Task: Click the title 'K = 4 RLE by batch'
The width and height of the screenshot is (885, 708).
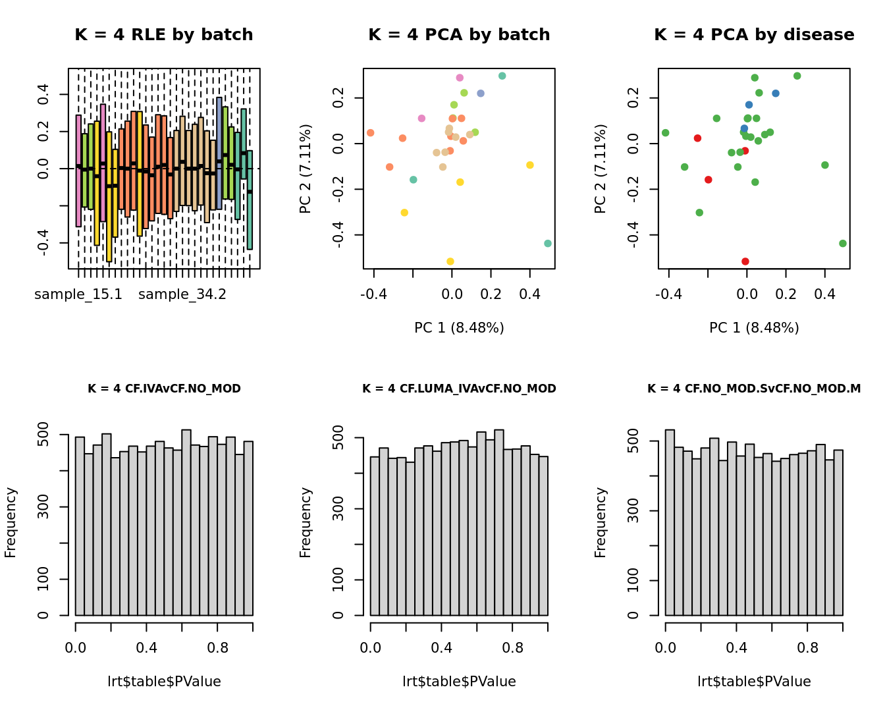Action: tap(164, 35)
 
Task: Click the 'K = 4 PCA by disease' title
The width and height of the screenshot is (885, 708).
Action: tap(754, 35)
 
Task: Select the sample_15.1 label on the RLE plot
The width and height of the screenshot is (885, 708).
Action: tap(78, 294)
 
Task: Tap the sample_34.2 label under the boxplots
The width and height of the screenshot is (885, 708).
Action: tap(182, 294)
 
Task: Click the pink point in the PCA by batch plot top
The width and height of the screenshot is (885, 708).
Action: tap(460, 78)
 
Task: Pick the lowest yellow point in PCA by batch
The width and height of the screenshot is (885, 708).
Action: tap(450, 261)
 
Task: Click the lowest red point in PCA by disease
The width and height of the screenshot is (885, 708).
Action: tap(745, 261)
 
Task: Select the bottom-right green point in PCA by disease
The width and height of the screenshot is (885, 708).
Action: tap(843, 244)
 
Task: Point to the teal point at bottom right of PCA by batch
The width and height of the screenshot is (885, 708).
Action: tap(548, 244)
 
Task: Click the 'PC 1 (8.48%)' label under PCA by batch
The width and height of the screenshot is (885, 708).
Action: tap(459, 328)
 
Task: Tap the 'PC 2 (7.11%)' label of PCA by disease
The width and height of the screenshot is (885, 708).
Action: tap(600, 169)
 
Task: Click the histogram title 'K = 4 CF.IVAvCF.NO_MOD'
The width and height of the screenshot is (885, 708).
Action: tap(164, 389)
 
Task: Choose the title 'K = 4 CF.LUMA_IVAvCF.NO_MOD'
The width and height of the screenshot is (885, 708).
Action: tap(459, 389)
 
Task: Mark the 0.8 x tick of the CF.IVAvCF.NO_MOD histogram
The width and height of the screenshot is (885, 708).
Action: tap(218, 648)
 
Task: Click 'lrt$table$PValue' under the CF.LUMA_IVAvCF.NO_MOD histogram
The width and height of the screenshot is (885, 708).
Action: tap(459, 682)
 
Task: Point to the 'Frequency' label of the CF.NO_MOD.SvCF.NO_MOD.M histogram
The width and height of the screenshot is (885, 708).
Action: tap(600, 522)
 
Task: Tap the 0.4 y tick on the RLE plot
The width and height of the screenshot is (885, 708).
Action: tap(43, 94)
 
